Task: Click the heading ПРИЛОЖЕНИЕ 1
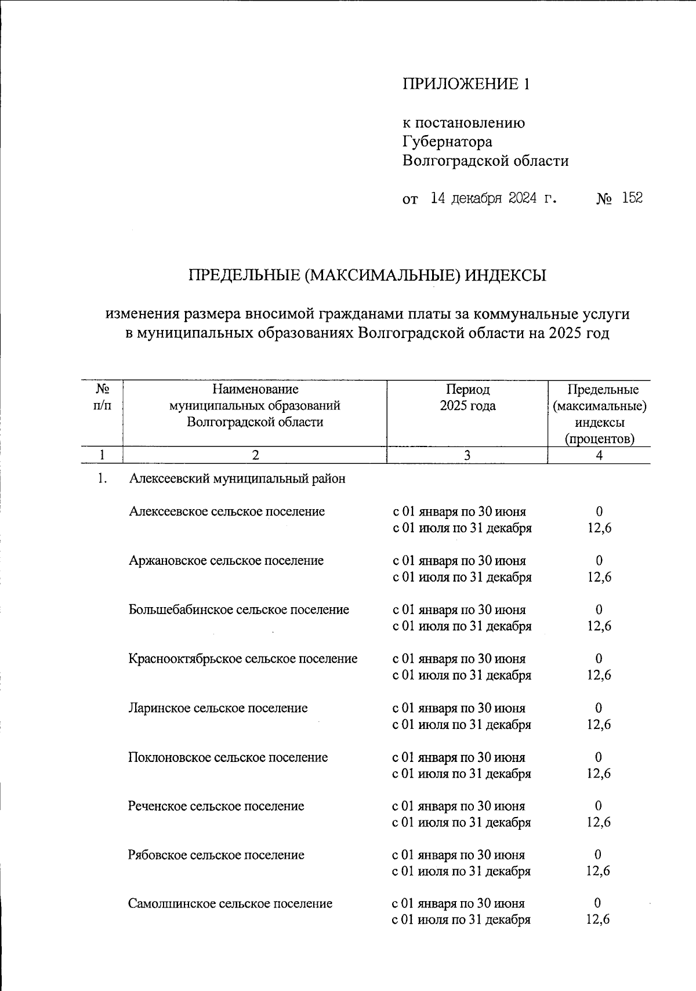(466, 85)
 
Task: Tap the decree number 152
(632, 199)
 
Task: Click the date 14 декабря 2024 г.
(494, 199)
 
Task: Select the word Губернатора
(447, 141)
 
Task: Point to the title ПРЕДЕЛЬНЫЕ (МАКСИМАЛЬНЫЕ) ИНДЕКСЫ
(367, 275)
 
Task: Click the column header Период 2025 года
(467, 398)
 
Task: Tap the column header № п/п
(102, 398)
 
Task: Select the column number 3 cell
(467, 456)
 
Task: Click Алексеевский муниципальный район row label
(237, 479)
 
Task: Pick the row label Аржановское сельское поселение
(226, 561)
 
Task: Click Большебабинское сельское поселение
(239, 610)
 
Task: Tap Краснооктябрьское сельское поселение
(243, 659)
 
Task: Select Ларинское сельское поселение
(218, 708)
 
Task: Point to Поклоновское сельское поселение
(228, 757)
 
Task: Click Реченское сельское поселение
(216, 806)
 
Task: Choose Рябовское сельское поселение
(216, 855)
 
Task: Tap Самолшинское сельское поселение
(230, 903)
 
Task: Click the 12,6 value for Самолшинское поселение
(598, 920)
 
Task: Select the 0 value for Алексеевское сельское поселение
(599, 511)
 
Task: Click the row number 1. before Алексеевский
(103, 479)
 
